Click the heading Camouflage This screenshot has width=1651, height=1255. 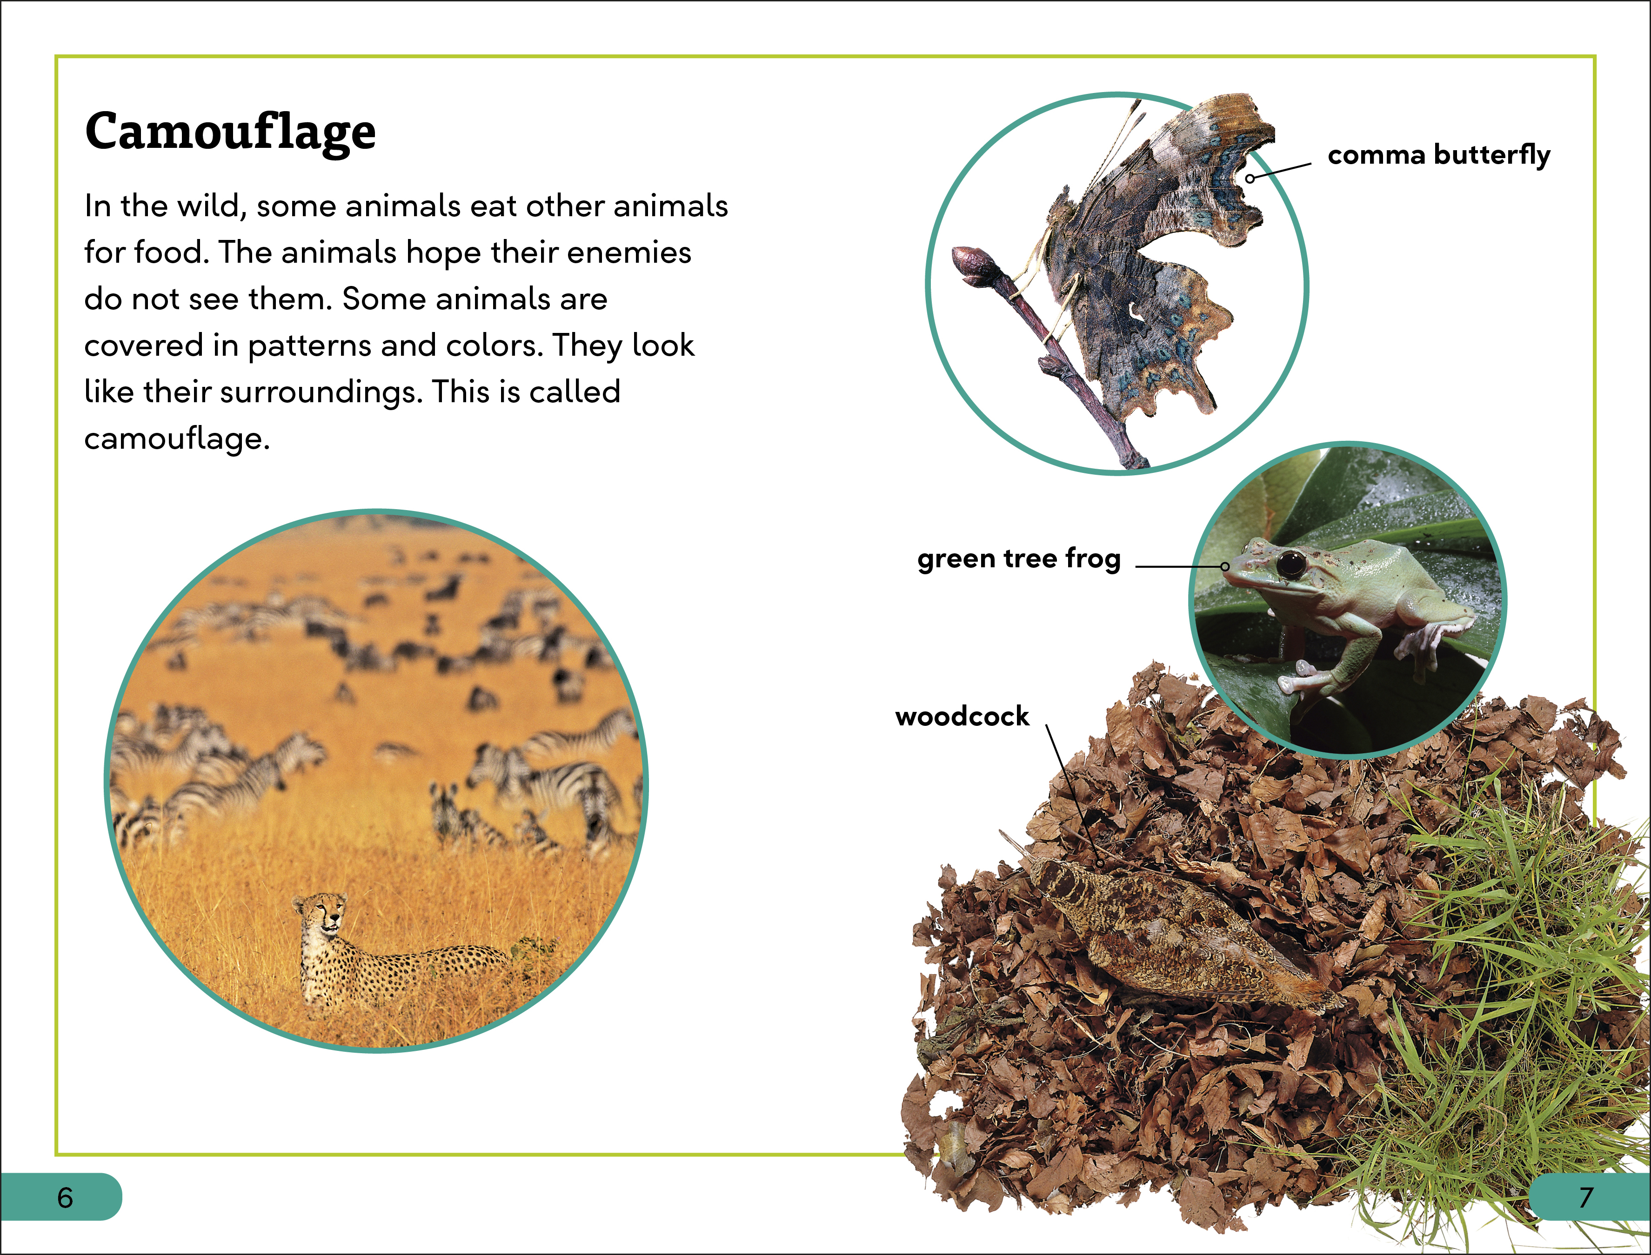[230, 132]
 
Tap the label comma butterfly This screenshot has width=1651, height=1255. [1439, 155]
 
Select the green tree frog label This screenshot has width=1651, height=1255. [1019, 559]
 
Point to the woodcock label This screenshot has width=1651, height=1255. [962, 717]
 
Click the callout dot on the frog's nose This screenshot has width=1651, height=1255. [1224, 566]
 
